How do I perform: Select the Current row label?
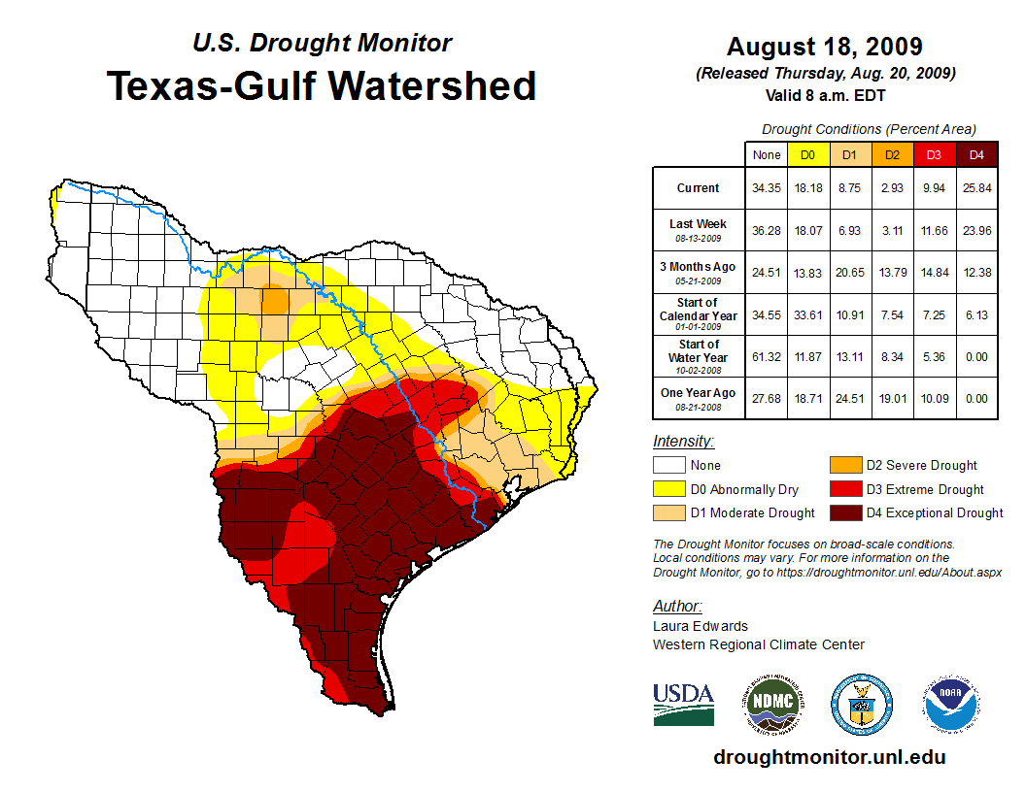[699, 188]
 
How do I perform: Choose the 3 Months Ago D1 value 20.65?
[849, 272]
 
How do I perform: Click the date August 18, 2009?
[824, 47]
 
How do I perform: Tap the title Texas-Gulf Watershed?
[321, 85]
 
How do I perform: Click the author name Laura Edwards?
[701, 626]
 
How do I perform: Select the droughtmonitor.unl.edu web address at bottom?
[829, 757]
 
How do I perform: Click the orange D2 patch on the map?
[275, 299]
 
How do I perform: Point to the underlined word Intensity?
[683, 442]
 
